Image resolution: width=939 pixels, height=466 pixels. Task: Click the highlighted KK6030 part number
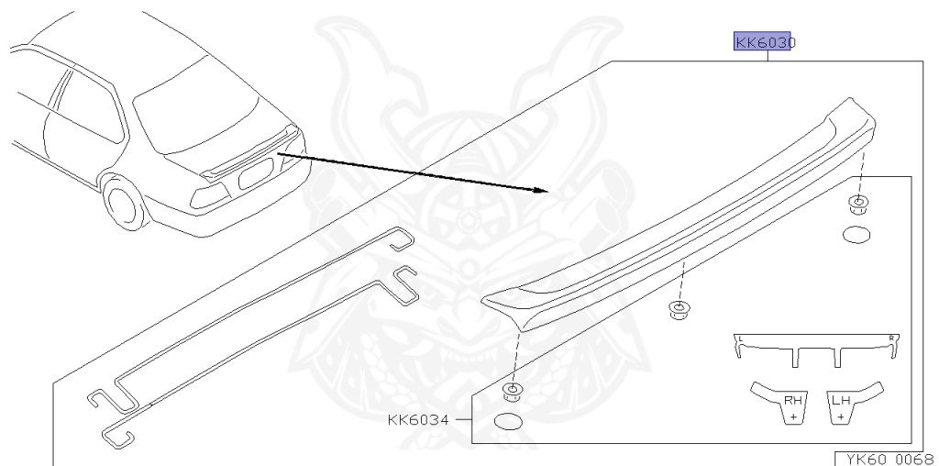(x=765, y=42)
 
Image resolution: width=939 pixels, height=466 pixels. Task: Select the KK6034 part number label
(x=417, y=420)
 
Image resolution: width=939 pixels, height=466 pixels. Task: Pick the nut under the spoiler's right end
(x=859, y=204)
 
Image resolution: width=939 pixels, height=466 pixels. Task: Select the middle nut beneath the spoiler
(x=679, y=308)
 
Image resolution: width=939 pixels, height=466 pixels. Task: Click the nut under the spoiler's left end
(x=512, y=394)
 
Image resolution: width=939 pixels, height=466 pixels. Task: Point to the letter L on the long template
(x=740, y=338)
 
